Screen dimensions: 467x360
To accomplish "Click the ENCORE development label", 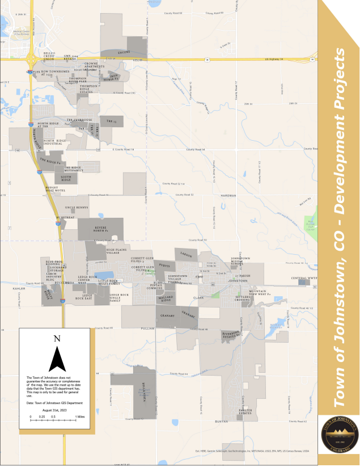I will (x=124, y=52).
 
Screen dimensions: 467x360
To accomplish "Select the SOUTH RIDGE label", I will (x=66, y=179).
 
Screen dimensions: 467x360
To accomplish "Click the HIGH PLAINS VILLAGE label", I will (x=116, y=251).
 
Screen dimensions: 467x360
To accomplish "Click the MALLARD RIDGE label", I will (x=166, y=298).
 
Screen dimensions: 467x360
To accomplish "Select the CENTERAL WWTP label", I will (x=302, y=278).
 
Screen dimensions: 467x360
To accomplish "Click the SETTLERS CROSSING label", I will (x=242, y=298).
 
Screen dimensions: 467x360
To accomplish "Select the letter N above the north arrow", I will (x=57, y=339).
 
